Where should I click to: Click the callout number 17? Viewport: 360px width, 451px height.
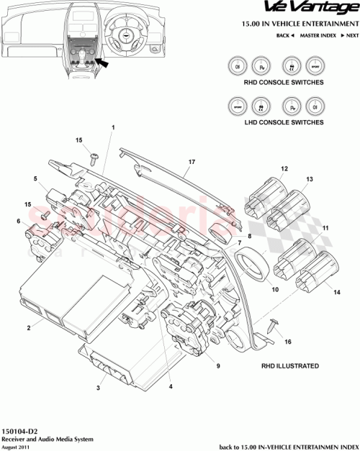191,163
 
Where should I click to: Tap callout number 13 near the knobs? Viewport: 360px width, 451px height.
310,178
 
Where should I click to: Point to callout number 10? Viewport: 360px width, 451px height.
274,290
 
